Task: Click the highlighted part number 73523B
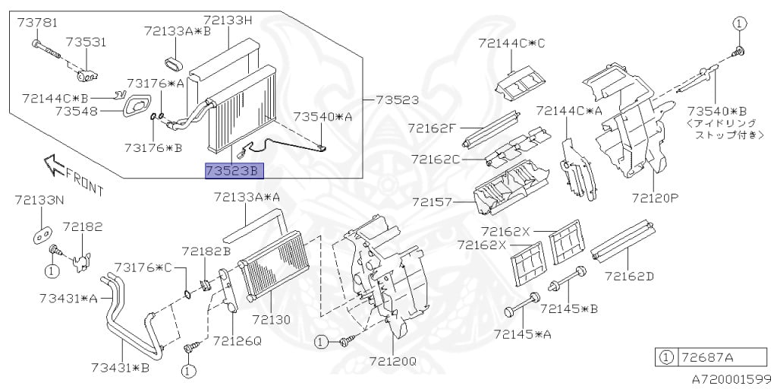(234, 171)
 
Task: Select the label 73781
(37, 23)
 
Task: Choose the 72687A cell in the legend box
(722, 357)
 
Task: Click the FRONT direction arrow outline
(55, 164)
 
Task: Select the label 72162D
(629, 276)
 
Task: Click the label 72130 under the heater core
(271, 320)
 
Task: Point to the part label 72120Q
(393, 361)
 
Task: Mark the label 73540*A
(322, 116)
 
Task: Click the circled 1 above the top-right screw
(739, 24)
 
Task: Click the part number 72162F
(431, 128)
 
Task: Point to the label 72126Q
(237, 341)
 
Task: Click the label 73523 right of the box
(397, 100)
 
